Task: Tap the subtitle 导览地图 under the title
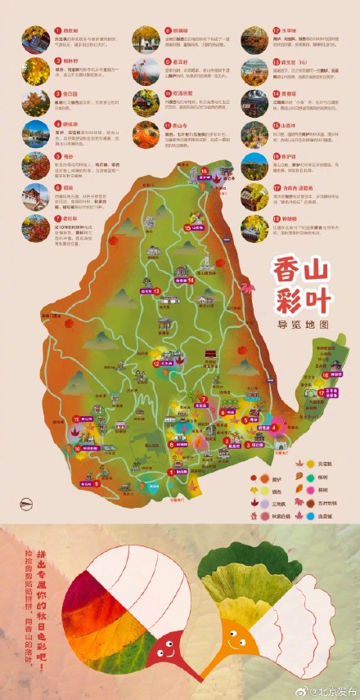pyautogui.click(x=304, y=324)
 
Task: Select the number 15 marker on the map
pyautogui.click(x=187, y=228)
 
